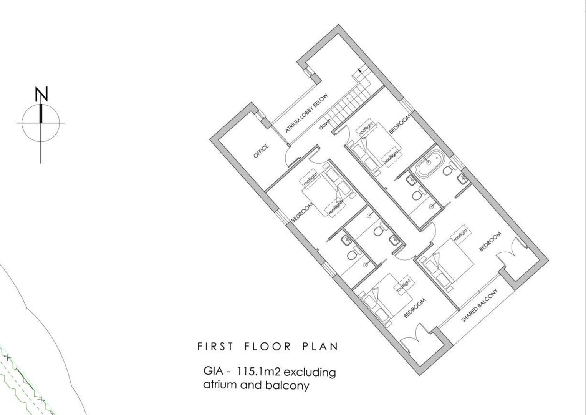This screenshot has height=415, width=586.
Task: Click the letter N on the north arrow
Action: pyautogui.click(x=41, y=94)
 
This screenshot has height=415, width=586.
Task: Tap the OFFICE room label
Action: pyautogui.click(x=261, y=151)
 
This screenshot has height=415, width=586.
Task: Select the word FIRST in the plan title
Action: pyautogui.click(x=215, y=346)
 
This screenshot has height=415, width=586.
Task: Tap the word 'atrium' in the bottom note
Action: pyautogui.click(x=220, y=385)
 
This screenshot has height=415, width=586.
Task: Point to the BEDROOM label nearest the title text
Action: pyautogui.click(x=415, y=308)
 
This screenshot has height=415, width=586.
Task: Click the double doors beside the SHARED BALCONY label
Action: pyautogui.click(x=511, y=252)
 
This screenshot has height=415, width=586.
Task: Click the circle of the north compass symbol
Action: pyautogui.click(x=41, y=123)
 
